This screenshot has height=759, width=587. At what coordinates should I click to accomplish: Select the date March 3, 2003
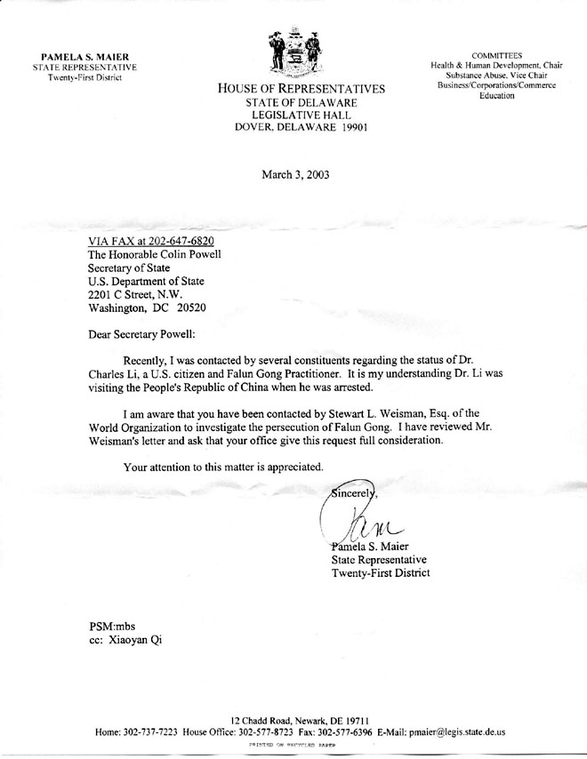295,174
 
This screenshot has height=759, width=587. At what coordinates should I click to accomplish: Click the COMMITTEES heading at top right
496,55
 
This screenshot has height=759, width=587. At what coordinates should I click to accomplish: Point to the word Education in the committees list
496,95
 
